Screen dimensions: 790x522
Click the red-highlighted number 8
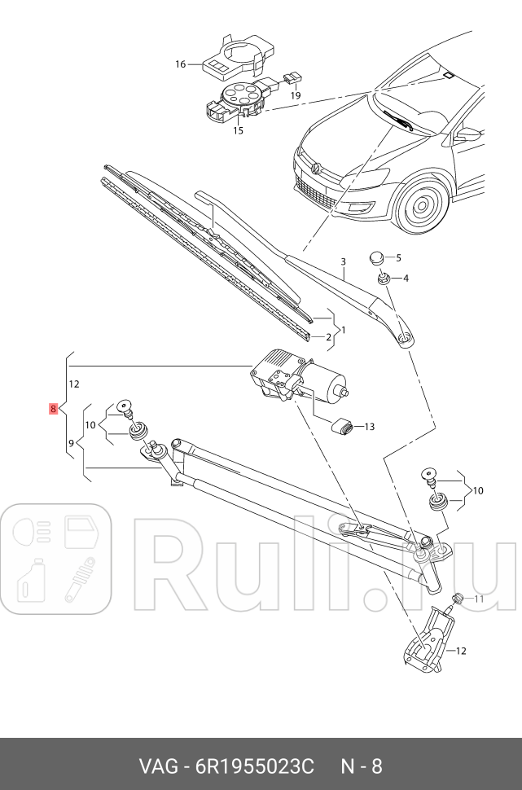point(53,409)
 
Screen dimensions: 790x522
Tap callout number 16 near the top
point(181,64)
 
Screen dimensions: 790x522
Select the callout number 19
point(295,95)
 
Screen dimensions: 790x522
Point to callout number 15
point(239,130)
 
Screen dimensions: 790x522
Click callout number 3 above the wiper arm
point(344,261)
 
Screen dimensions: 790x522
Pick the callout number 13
point(369,426)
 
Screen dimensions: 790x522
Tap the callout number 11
point(479,599)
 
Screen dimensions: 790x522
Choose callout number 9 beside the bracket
point(72,442)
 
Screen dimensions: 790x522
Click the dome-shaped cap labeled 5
point(375,258)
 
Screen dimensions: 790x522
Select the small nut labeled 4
point(381,279)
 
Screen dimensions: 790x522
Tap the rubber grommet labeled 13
point(343,426)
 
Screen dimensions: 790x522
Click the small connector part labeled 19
point(292,79)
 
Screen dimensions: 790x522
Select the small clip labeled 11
point(458,600)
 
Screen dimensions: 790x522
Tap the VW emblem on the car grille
point(314,168)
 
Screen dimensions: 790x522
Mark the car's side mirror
point(469,134)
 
